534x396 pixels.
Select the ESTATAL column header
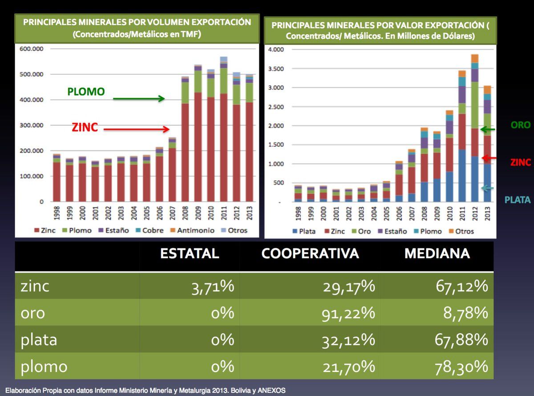click(x=190, y=254)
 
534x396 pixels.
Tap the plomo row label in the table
click(x=44, y=367)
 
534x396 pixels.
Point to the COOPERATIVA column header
click(x=310, y=254)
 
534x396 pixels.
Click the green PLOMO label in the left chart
click(x=86, y=92)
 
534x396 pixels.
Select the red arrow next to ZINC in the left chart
click(x=137, y=129)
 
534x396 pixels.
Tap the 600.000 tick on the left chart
click(x=31, y=49)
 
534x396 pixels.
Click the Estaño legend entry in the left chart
click(x=117, y=230)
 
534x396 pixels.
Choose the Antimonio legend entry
click(x=195, y=230)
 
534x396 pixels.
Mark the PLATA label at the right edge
click(x=518, y=200)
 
